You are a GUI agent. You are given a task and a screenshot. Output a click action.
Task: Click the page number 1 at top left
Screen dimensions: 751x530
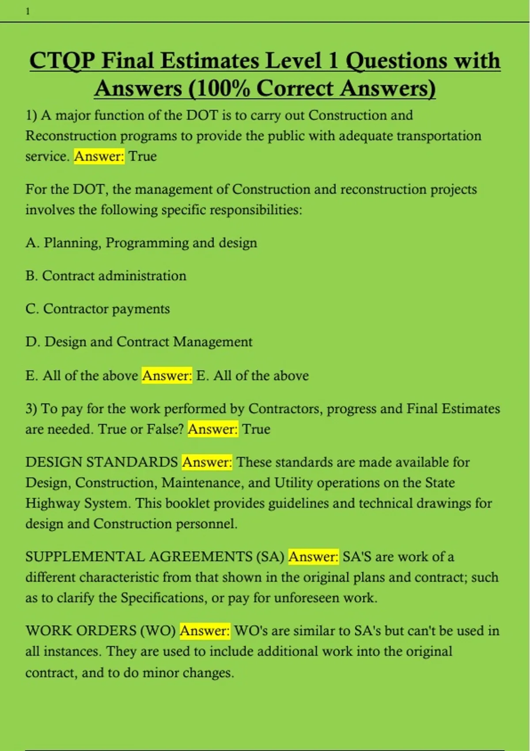pos(28,12)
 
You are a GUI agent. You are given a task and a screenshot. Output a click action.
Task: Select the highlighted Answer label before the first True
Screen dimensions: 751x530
pos(99,156)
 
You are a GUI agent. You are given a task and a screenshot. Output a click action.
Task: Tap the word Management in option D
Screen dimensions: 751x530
pos(212,342)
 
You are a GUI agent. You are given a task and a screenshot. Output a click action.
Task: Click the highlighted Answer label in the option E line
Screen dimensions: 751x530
pos(167,376)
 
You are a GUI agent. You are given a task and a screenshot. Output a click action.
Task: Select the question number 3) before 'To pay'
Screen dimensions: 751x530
pos(31,409)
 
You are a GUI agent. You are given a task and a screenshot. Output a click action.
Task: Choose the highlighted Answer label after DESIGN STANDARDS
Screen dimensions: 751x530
pos(207,463)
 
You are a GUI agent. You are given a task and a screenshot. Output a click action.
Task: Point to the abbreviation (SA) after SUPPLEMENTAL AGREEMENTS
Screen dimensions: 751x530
pos(270,557)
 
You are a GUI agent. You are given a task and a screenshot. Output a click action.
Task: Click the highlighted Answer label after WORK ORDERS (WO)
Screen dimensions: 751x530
pos(205,631)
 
